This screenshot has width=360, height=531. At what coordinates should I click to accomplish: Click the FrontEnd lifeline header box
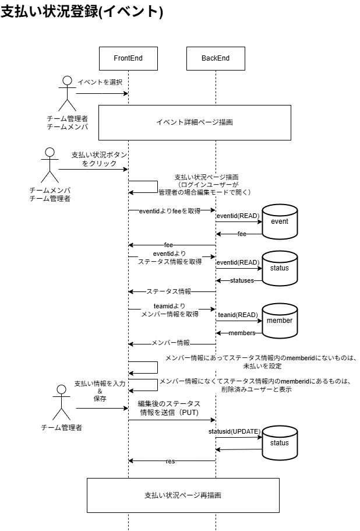coord(128,58)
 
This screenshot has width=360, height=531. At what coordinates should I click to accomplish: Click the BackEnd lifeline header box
coord(216,58)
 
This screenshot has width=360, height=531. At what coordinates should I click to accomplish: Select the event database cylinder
coord(280,222)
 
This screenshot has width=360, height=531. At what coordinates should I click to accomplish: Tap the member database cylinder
coord(280,321)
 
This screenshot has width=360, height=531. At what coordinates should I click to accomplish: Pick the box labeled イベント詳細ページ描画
coord(195,122)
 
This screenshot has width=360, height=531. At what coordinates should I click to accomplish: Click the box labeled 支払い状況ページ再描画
coord(183,495)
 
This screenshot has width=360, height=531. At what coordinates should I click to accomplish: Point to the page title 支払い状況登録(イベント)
coord(82,12)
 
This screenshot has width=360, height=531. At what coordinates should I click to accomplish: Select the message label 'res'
coord(170,461)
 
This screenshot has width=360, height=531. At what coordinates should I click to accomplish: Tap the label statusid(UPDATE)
coord(234,431)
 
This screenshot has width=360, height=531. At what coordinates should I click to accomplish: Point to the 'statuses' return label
coord(241,280)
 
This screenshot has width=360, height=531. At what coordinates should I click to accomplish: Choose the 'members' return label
coord(241,333)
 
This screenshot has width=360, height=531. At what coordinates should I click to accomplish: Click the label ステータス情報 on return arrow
coord(168,291)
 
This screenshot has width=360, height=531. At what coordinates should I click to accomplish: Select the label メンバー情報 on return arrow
coord(171,343)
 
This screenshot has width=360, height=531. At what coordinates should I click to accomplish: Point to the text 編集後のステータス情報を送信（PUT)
coord(169,407)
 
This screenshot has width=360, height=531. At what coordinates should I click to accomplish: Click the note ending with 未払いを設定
coord(261,363)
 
